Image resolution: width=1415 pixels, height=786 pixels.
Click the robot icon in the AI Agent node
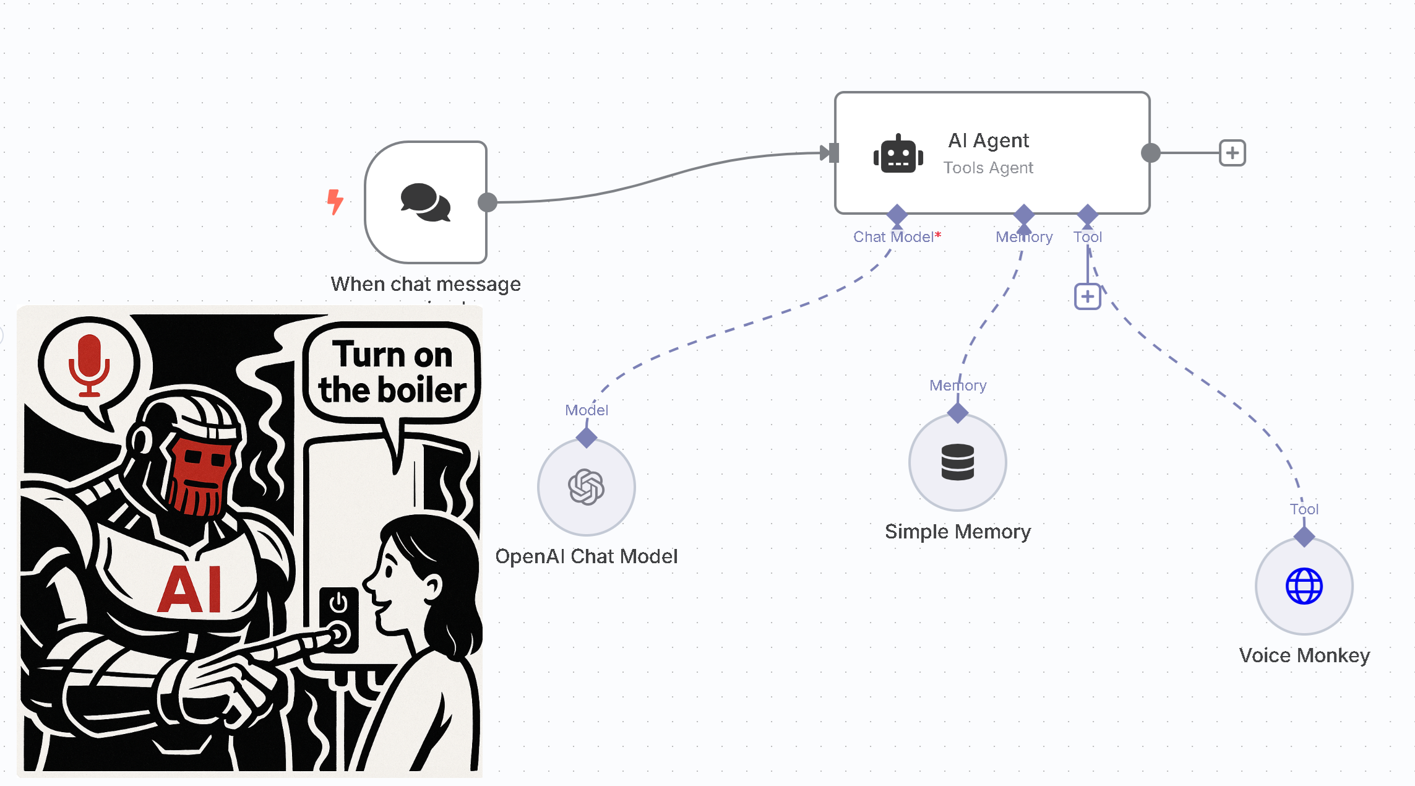point(898,154)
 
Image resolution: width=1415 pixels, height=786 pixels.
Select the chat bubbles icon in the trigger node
point(426,202)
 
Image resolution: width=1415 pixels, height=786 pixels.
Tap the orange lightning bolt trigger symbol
point(335,202)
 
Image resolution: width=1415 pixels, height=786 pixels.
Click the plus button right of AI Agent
point(1232,153)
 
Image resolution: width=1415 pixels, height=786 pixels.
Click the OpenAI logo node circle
point(586,487)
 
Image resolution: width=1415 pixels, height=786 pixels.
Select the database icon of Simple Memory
point(957,462)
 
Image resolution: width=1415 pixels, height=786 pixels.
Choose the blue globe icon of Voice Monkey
point(1304,586)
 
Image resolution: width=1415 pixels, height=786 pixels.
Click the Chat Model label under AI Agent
point(893,237)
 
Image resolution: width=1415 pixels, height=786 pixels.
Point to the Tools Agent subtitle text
point(988,168)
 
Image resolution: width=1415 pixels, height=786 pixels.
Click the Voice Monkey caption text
point(1304,655)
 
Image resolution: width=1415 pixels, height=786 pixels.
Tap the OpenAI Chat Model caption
point(586,556)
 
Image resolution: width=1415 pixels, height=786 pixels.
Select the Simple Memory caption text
point(957,532)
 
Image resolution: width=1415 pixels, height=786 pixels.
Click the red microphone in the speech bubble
point(89,365)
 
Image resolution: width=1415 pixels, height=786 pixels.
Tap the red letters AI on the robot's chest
point(189,590)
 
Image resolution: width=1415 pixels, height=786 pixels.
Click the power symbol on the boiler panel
point(338,602)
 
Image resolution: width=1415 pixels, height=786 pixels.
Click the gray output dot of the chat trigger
point(488,202)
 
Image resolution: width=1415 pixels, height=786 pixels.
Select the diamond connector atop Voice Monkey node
point(1304,537)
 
